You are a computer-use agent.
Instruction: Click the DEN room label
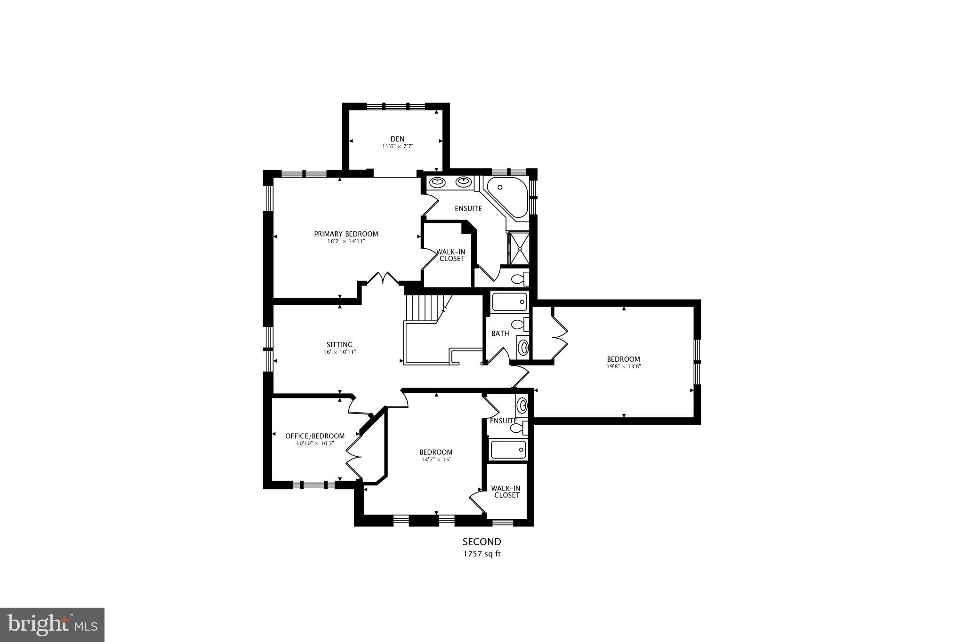[397, 139]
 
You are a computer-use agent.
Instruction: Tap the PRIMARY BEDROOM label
[346, 234]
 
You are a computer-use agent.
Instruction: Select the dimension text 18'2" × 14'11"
[346, 241]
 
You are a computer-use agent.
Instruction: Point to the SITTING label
[339, 345]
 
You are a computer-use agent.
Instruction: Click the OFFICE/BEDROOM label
[315, 436]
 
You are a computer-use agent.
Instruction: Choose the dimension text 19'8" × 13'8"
[623, 366]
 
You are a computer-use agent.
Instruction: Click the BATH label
[500, 333]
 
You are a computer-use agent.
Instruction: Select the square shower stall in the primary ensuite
[519, 247]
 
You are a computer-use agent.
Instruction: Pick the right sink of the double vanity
[464, 181]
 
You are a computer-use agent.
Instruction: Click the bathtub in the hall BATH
[509, 302]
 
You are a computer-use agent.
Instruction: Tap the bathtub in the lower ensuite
[508, 450]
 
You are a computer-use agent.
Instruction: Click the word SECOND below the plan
[482, 542]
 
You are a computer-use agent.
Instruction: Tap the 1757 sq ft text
[482, 554]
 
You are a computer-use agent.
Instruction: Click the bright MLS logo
[52, 625]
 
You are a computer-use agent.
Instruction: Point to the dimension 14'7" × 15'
[436, 460]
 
